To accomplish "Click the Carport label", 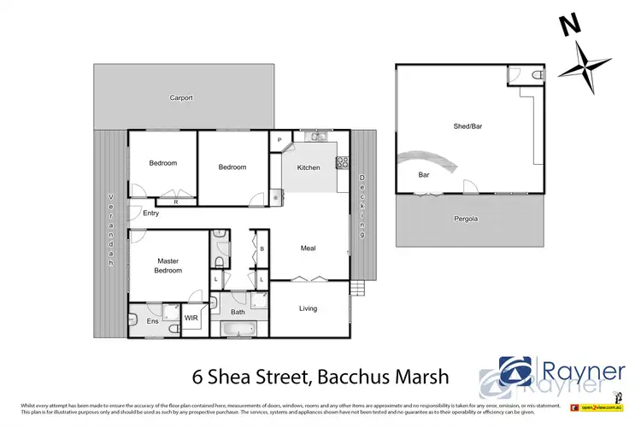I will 181,98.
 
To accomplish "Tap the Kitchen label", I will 309,167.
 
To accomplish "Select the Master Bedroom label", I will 168,266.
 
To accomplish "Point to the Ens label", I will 152,321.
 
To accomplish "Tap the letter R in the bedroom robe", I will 175,202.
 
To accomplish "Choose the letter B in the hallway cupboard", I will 262,249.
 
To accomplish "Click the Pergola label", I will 466,219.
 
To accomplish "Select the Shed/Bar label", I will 468,126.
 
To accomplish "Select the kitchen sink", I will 315,135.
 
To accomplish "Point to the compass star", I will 585,67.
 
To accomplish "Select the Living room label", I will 308,309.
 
